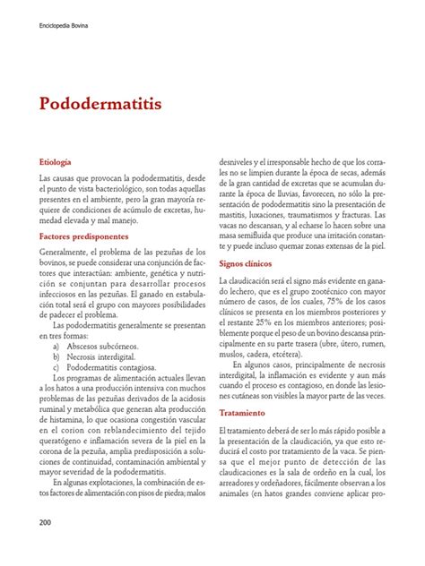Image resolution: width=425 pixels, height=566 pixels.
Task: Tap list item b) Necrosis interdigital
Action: tap(98, 356)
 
